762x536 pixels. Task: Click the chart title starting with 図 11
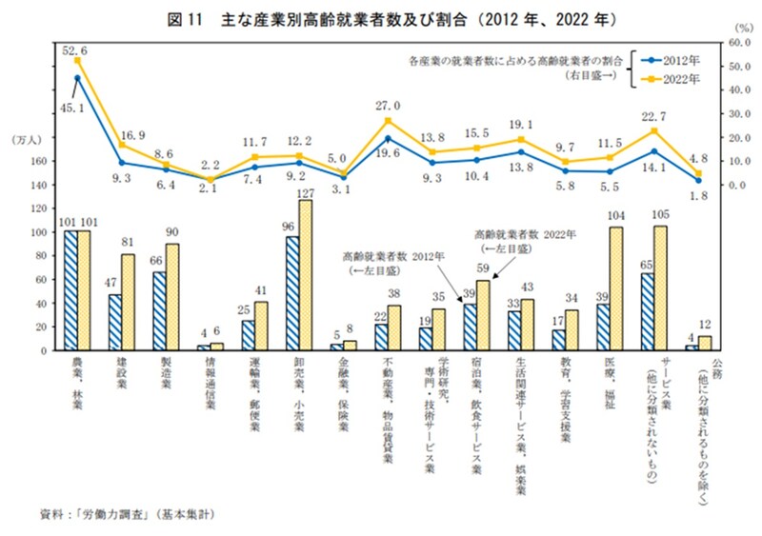(381, 18)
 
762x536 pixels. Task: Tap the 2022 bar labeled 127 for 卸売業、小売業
(305, 275)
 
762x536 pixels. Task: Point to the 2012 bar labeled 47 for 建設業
(114, 322)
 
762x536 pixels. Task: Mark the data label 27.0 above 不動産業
(388, 106)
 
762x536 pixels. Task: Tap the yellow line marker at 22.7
(652, 131)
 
